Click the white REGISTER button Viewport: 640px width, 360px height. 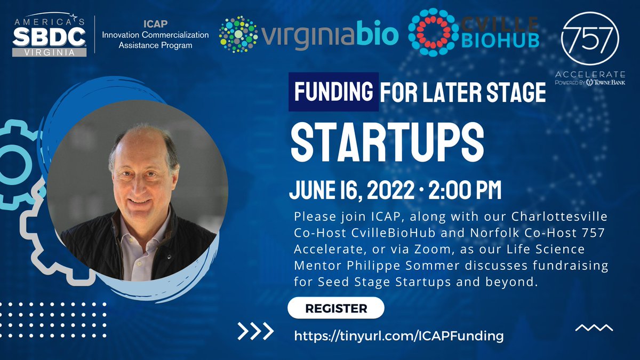335,308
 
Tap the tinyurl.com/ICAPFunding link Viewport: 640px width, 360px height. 399,336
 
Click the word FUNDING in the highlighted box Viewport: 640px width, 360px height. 334,92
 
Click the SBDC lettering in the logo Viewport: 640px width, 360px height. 49,37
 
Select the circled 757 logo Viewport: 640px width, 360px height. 591,38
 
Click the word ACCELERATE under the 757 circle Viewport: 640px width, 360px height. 590,74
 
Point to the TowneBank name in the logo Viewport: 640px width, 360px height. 611,83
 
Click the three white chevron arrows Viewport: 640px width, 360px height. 255,332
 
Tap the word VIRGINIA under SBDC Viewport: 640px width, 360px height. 49,53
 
